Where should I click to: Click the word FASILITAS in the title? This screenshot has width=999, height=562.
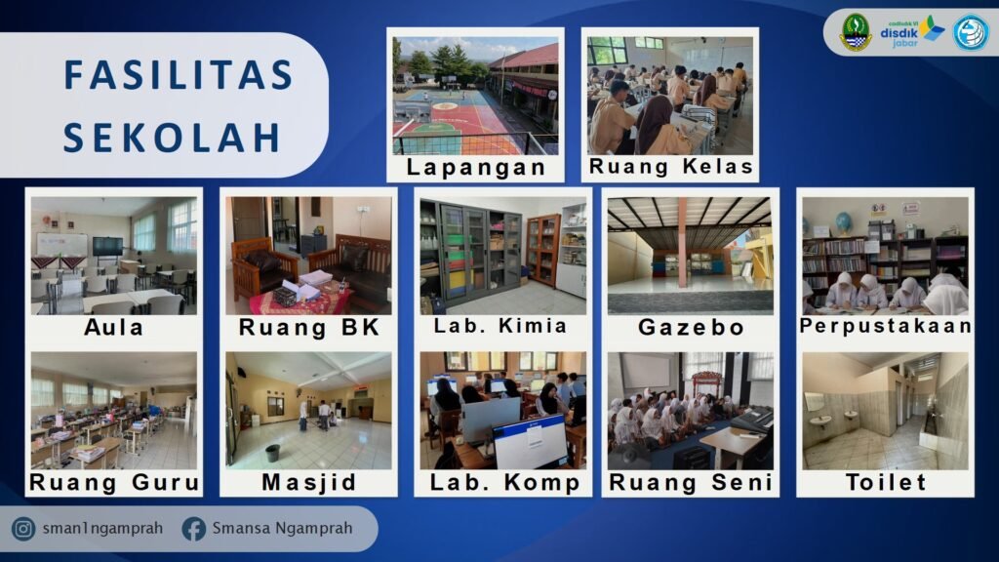pyautogui.click(x=179, y=74)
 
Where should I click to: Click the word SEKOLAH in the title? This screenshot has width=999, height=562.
pyautogui.click(x=172, y=138)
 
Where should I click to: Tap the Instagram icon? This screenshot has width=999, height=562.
pyautogui.click(x=23, y=529)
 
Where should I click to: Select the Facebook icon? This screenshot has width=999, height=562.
pyautogui.click(x=194, y=529)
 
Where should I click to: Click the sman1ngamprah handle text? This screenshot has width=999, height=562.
pyautogui.click(x=102, y=528)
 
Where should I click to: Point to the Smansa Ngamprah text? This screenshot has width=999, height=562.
pyautogui.click(x=282, y=528)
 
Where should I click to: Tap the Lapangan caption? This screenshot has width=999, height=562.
pyautogui.click(x=476, y=167)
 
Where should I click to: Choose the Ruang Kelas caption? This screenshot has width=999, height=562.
pyautogui.click(x=671, y=166)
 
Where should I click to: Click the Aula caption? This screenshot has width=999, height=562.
pyautogui.click(x=114, y=327)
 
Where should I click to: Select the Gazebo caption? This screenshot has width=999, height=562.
pyautogui.click(x=692, y=327)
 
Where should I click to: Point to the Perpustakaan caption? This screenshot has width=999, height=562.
pyautogui.click(x=886, y=326)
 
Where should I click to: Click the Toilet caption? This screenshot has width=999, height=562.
pyautogui.click(x=886, y=482)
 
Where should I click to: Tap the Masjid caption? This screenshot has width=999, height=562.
pyautogui.click(x=309, y=482)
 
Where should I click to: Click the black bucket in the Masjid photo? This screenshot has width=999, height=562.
pyautogui.click(x=273, y=453)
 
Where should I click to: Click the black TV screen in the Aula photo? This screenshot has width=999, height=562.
pyautogui.click(x=107, y=246)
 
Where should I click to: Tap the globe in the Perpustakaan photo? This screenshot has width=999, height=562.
pyautogui.click(x=844, y=222)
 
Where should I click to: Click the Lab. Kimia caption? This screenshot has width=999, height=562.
pyautogui.click(x=500, y=326)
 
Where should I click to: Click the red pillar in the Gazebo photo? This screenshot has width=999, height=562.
pyautogui.click(x=683, y=242)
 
